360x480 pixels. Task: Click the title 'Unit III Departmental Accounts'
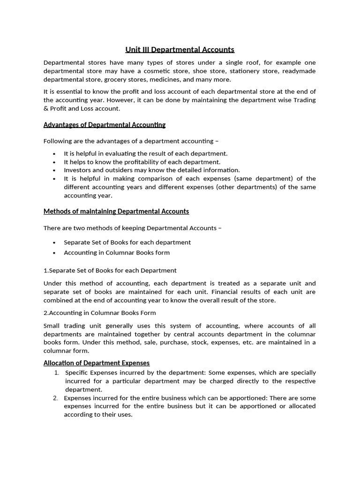point(180,49)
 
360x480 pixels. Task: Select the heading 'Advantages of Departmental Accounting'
point(104,125)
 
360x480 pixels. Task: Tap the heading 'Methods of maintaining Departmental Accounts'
point(116,211)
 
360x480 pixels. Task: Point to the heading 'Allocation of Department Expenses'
point(96,363)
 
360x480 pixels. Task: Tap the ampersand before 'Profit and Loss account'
point(46,108)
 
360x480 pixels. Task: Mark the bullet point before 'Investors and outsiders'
point(54,170)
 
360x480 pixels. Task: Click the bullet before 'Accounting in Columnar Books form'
point(54,253)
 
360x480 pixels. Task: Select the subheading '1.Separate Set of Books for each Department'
point(110,270)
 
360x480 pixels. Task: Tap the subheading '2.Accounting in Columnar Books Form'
point(99,313)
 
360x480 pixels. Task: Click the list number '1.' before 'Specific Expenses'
point(56,372)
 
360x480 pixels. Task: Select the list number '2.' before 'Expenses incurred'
point(55,397)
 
